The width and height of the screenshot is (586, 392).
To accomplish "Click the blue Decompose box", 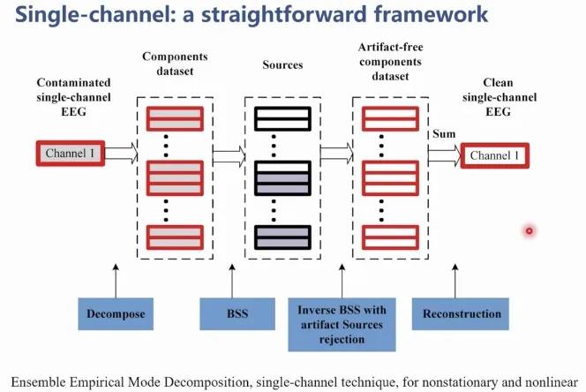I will (x=116, y=313).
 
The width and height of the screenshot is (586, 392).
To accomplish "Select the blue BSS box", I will (x=232, y=313).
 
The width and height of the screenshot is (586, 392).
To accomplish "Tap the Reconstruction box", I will (x=462, y=313).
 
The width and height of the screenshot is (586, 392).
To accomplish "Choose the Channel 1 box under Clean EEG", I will (x=496, y=155).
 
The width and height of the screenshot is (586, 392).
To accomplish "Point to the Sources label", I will (x=283, y=65).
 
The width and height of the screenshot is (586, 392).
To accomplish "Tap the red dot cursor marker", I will (x=529, y=230).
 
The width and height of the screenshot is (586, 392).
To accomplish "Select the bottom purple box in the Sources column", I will (x=282, y=236).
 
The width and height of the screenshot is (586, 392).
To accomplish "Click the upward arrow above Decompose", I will (x=116, y=278).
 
